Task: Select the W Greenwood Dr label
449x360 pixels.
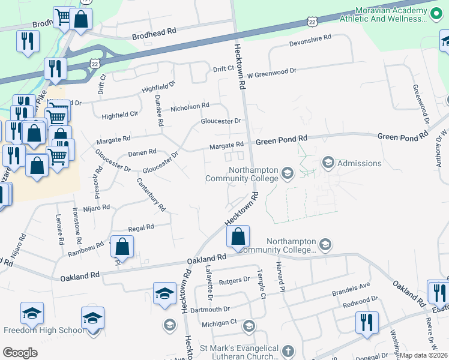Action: (272, 71)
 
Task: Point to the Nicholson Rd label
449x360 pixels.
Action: (190, 106)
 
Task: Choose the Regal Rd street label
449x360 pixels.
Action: (142, 227)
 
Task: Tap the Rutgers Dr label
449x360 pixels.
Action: (234, 280)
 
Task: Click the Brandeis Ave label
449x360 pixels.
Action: (351, 289)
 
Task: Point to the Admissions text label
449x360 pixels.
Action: (360, 163)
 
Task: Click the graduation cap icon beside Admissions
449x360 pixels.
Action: (328, 163)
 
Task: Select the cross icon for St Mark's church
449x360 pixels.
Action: (288, 351)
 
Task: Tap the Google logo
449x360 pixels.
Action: (20, 353)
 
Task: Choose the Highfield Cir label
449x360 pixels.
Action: (120, 113)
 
